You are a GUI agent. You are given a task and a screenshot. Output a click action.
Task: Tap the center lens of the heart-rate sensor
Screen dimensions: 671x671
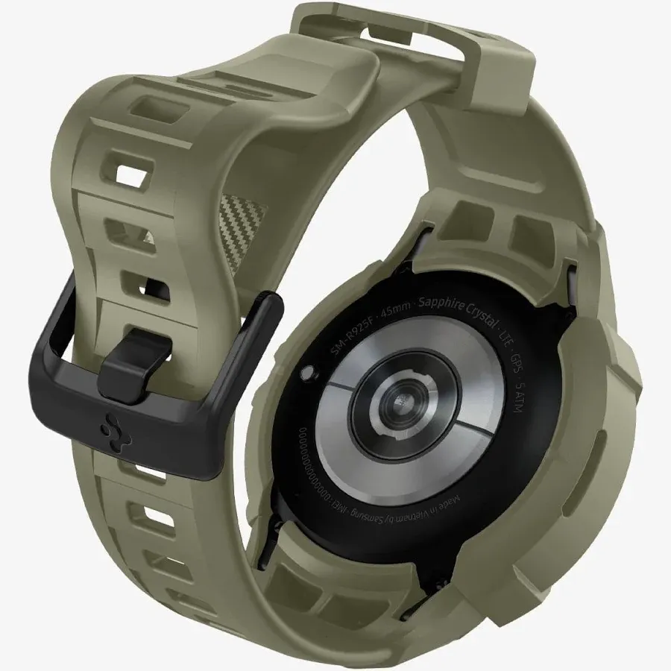tap(398, 409)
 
